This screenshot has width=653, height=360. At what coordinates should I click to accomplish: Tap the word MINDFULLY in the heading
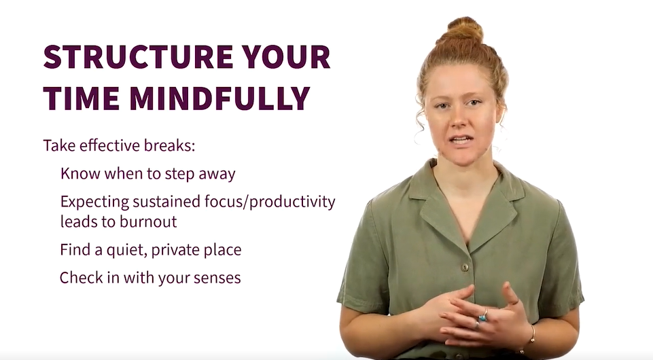click(219, 98)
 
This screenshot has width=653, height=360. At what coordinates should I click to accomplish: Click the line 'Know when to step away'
click(148, 174)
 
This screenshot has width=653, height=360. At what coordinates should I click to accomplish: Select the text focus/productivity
click(270, 202)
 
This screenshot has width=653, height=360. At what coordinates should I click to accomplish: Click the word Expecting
click(95, 202)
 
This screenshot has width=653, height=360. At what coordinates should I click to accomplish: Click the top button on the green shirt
click(465, 267)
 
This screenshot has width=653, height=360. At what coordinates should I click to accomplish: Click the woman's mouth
click(460, 140)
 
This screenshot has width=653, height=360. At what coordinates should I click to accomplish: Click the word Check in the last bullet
click(82, 278)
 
